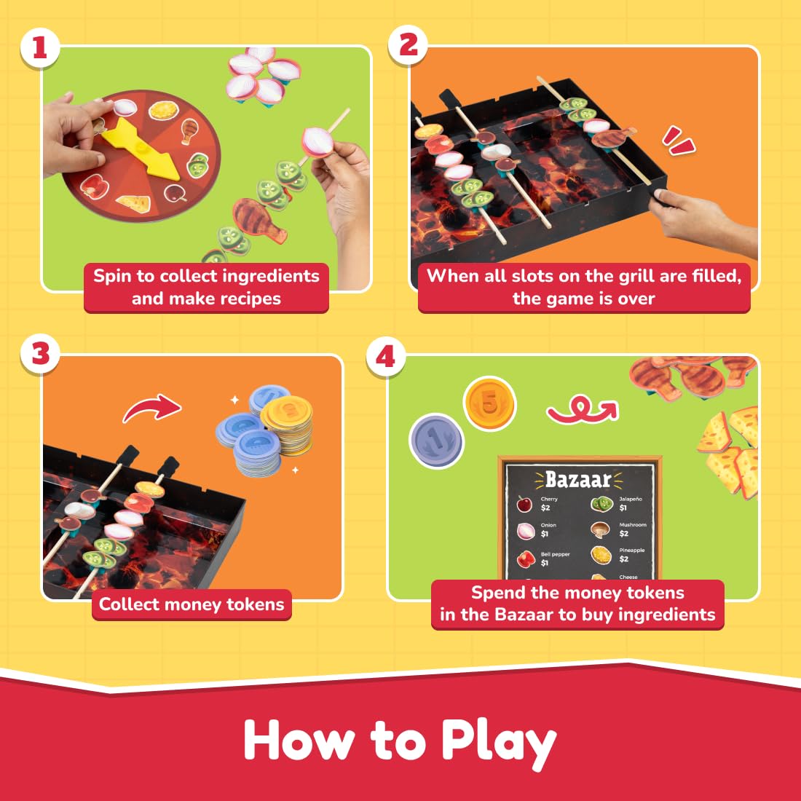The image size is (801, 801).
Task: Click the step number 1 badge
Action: tap(40, 48)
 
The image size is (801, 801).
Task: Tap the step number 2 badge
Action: tap(409, 45)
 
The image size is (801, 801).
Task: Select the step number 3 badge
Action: tap(40, 355)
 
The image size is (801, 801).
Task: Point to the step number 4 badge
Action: tap(385, 357)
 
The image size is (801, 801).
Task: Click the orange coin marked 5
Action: tap(489, 403)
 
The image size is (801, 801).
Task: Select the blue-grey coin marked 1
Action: tap(435, 440)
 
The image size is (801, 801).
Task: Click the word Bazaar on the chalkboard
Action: tap(578, 480)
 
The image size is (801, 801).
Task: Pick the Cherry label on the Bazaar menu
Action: tap(549, 499)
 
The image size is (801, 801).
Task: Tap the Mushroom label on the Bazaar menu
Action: tap(632, 524)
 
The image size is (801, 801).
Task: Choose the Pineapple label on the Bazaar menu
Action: tap(632, 551)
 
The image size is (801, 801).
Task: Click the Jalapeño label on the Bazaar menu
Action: tap(630, 499)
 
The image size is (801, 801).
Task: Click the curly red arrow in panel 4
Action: tap(582, 409)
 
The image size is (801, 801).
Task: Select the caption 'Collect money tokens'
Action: tap(192, 604)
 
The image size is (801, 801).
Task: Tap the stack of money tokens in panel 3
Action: tap(266, 433)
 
